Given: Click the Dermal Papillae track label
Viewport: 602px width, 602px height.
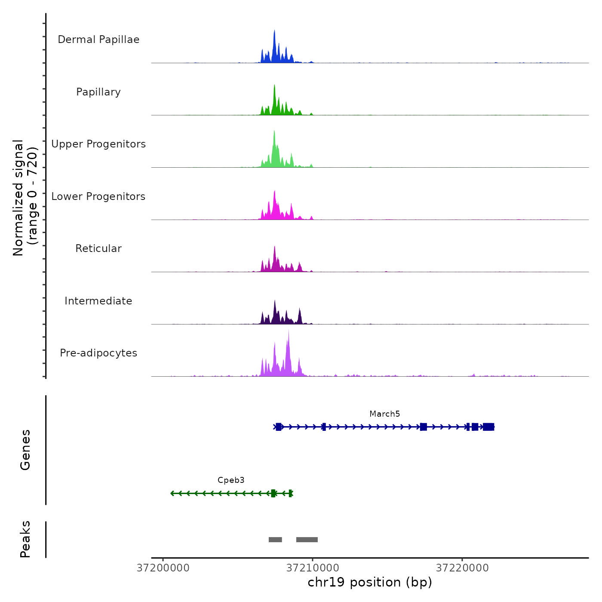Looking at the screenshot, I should pyautogui.click(x=98, y=40).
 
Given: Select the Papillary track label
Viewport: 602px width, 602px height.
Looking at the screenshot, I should pyautogui.click(x=98, y=92).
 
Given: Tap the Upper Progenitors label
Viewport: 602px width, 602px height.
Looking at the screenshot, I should pyautogui.click(x=98, y=144).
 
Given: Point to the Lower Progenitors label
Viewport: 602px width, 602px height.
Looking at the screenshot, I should pyautogui.click(x=98, y=197).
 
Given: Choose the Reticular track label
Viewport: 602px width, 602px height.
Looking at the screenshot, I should pyautogui.click(x=98, y=249).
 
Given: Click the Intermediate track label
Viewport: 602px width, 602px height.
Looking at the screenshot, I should pyautogui.click(x=98, y=301).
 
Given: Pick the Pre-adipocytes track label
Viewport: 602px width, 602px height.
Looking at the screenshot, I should pyautogui.click(x=98, y=353).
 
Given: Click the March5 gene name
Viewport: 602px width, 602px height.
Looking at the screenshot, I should pyautogui.click(x=384, y=414).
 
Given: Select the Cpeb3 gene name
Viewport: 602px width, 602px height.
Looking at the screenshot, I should pyautogui.click(x=231, y=480).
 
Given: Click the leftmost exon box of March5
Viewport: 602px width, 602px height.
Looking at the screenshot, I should pyautogui.click(x=279, y=427).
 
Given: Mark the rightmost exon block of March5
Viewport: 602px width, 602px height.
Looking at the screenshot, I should pyautogui.click(x=488, y=427).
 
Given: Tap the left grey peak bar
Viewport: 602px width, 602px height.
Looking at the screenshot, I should pyautogui.click(x=275, y=540).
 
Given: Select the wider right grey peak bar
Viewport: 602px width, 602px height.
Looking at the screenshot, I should pyautogui.click(x=307, y=540).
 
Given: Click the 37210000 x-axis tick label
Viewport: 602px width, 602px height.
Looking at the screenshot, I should pyautogui.click(x=313, y=568).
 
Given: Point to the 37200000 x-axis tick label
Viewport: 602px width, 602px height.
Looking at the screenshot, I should pyautogui.click(x=163, y=568).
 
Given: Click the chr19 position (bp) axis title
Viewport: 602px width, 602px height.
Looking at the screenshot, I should pyautogui.click(x=370, y=583).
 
